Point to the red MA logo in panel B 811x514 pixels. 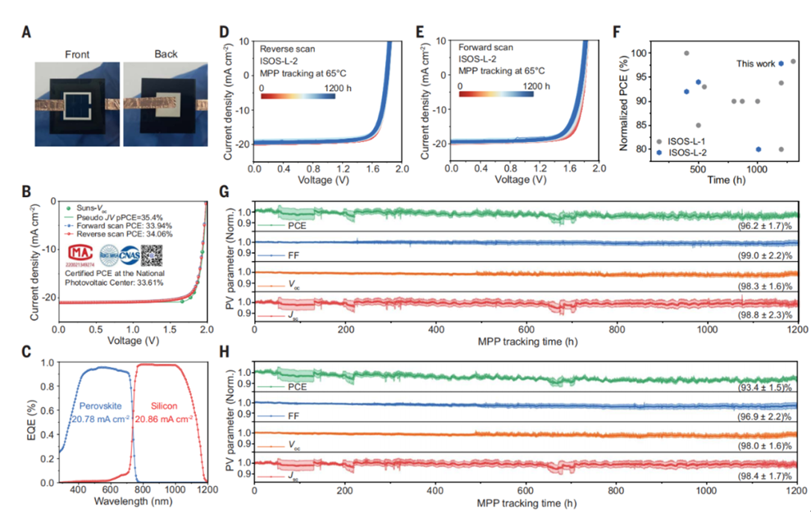[80, 252]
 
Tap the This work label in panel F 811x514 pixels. [756, 63]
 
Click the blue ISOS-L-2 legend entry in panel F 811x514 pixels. [688, 152]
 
